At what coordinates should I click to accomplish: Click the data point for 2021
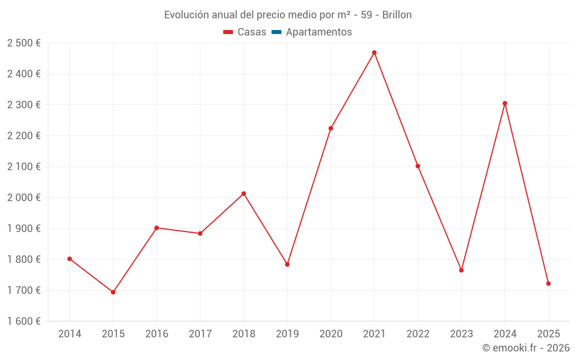pyautogui.click(x=374, y=52)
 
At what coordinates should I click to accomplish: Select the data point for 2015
pyautogui.click(x=113, y=292)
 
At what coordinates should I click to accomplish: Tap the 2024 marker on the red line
pyautogui.click(x=505, y=104)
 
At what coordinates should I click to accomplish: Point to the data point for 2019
pyautogui.click(x=287, y=264)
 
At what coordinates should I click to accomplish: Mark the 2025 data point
pyautogui.click(x=548, y=283)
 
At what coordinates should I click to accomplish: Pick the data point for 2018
pyautogui.click(x=244, y=194)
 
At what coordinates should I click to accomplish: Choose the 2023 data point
pyautogui.click(x=461, y=270)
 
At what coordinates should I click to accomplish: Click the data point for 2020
pyautogui.click(x=331, y=128)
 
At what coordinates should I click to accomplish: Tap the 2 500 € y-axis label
pyautogui.click(x=24, y=43)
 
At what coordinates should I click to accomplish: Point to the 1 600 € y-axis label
pyautogui.click(x=24, y=321)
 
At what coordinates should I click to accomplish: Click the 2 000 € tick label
pyautogui.click(x=24, y=198)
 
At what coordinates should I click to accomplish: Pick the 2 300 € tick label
pyautogui.click(x=24, y=105)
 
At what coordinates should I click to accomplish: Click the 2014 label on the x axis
pyautogui.click(x=70, y=334)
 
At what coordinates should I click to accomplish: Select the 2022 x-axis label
pyautogui.click(x=418, y=334)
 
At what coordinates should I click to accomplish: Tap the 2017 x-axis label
pyautogui.click(x=200, y=334)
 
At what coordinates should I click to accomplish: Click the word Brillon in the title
pyautogui.click(x=397, y=15)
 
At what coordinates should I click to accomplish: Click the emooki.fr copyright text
pyautogui.click(x=526, y=348)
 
